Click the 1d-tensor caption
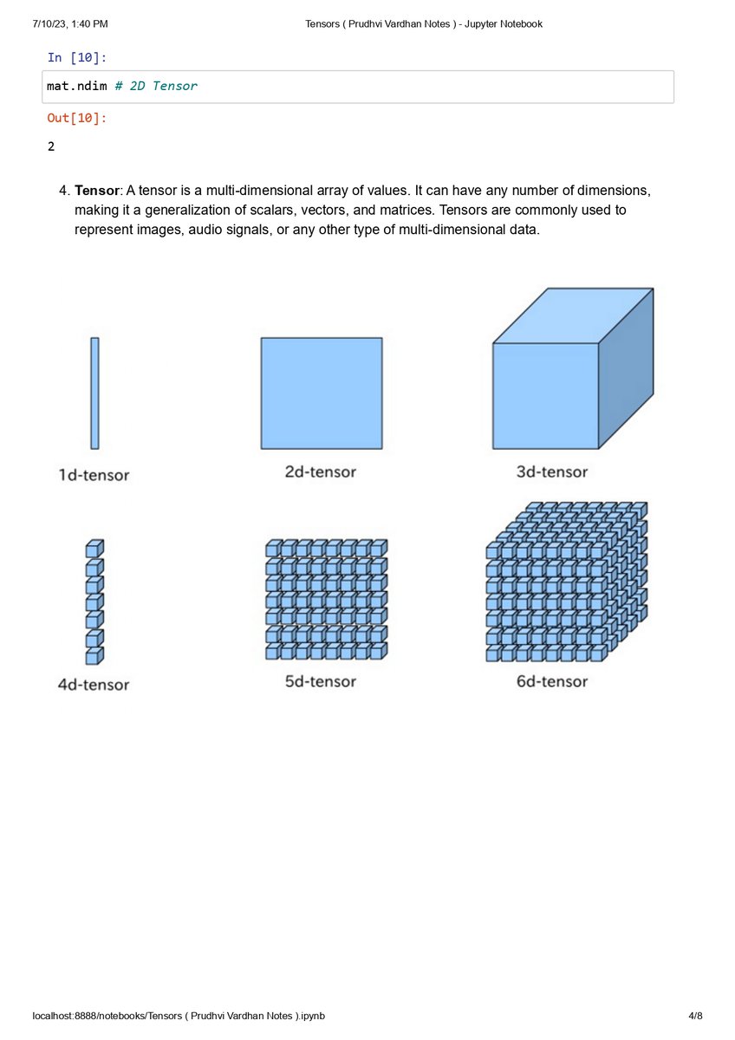coord(94,475)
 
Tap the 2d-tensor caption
coord(321,471)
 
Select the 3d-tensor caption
coord(552,471)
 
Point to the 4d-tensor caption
coord(94,685)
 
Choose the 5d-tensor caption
coord(321,681)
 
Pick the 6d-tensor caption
coord(552,681)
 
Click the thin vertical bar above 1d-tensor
coord(94,393)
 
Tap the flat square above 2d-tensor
coord(322,393)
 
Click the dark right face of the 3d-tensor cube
coord(626,369)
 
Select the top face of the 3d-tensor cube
coord(574,315)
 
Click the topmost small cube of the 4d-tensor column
coord(94,549)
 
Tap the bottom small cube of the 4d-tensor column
coord(94,655)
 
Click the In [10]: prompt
coord(77,57)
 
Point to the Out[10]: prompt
coord(77,118)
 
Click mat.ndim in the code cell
coord(76,86)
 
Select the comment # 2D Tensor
coord(156,86)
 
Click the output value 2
coord(51,146)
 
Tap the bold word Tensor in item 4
coord(96,191)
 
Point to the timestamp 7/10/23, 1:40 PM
coord(70,23)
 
